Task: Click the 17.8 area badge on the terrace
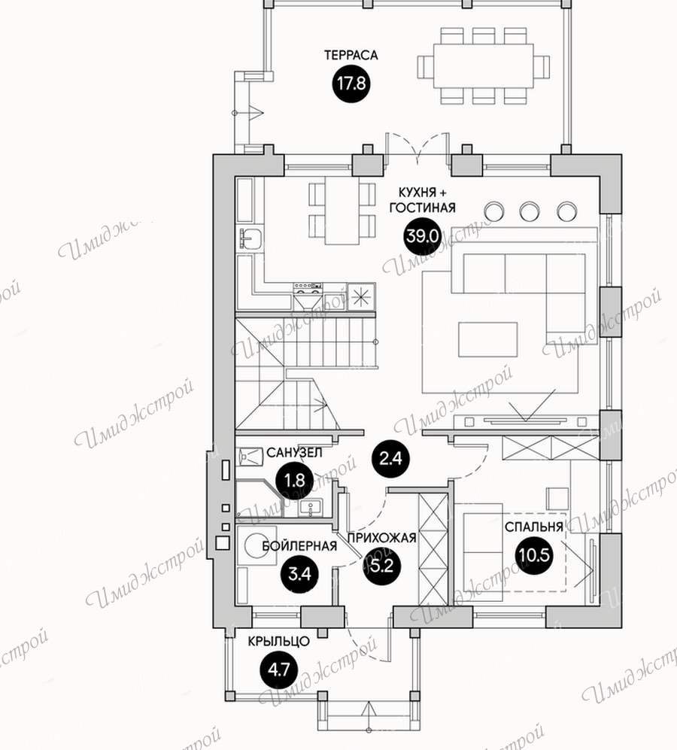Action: pyautogui.click(x=351, y=84)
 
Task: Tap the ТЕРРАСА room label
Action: pyautogui.click(x=351, y=55)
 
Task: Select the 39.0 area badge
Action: pyautogui.click(x=422, y=235)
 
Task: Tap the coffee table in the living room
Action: pyautogui.click(x=487, y=339)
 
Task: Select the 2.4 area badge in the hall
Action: pyautogui.click(x=390, y=459)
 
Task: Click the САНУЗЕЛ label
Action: pyautogui.click(x=294, y=453)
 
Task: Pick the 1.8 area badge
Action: pyautogui.click(x=294, y=480)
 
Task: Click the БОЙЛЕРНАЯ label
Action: pyautogui.click(x=299, y=545)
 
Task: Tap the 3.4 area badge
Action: pyautogui.click(x=300, y=573)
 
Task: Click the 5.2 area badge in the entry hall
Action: pyautogui.click(x=382, y=566)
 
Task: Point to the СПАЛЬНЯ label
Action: pyautogui.click(x=534, y=527)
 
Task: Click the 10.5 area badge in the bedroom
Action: pyautogui.click(x=534, y=555)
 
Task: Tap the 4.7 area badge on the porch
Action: pyautogui.click(x=279, y=670)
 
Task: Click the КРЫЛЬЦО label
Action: pyautogui.click(x=278, y=642)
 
